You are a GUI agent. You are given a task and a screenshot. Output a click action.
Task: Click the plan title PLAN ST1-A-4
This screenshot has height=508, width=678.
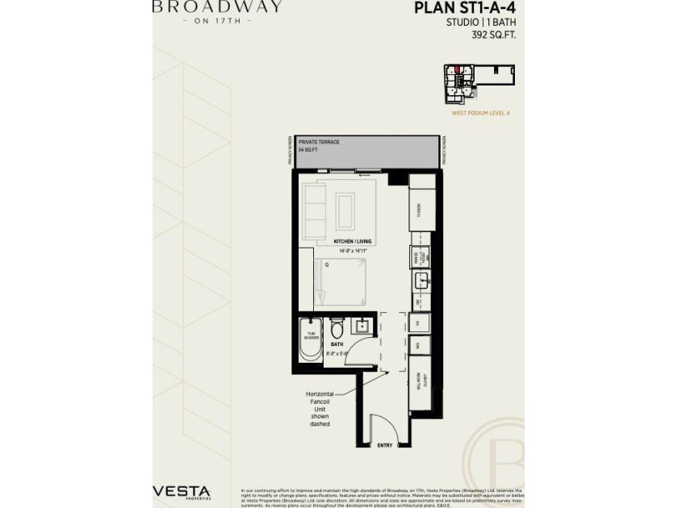(x=466, y=9)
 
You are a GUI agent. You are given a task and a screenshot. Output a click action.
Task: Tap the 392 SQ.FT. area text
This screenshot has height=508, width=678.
(x=493, y=35)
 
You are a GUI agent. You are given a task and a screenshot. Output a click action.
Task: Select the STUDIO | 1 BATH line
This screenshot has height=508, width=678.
(x=482, y=23)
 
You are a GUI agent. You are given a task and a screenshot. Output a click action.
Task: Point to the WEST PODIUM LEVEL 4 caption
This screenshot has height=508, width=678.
(x=481, y=113)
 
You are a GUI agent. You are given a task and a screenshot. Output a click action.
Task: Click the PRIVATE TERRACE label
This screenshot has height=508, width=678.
(x=319, y=142)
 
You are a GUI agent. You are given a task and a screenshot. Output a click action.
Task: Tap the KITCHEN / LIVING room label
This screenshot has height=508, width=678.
(x=352, y=241)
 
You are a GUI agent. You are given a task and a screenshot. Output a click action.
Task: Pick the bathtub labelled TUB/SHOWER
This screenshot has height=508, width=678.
(x=311, y=338)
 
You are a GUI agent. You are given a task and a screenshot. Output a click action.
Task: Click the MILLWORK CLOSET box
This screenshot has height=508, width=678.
(x=421, y=381)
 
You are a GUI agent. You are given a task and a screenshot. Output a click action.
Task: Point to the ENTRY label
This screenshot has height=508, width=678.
(x=386, y=444)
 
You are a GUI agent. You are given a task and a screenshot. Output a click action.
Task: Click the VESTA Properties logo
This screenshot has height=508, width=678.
(x=182, y=492)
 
